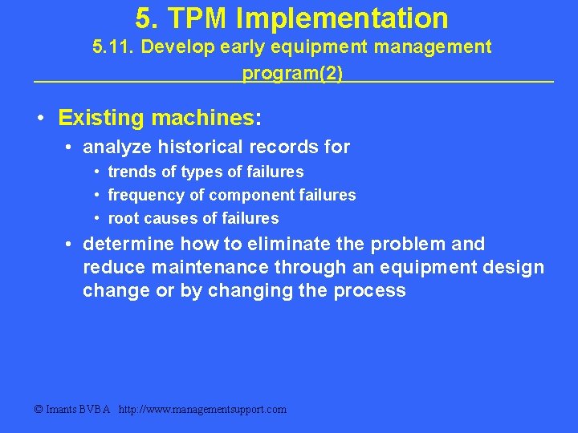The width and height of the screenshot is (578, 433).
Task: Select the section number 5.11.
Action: (x=116, y=47)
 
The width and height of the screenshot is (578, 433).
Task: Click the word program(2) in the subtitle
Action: (x=292, y=73)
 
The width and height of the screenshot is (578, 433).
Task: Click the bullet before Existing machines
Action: (x=40, y=119)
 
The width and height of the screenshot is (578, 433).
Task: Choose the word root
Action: (x=123, y=218)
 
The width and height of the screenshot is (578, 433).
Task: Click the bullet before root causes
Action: (x=96, y=218)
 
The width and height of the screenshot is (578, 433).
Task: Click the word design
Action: (x=514, y=267)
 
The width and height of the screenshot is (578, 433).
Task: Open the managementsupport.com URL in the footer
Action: (x=202, y=410)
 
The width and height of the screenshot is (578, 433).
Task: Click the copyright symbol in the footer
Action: (x=39, y=410)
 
